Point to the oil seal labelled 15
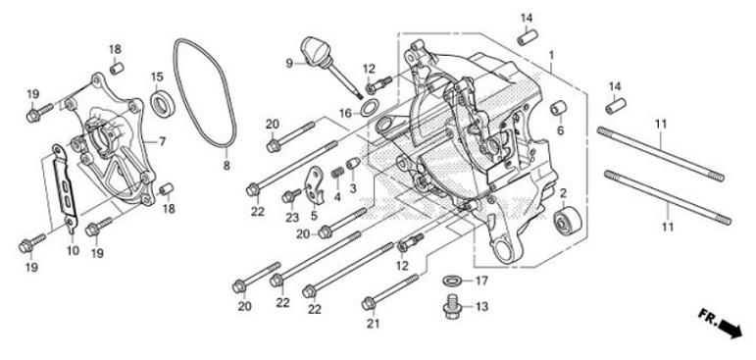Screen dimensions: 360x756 point(161,101)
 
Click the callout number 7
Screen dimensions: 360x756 point(161,142)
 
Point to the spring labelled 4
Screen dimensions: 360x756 point(334,177)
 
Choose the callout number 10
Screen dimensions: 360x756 point(72,251)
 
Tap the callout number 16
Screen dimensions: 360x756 point(345,114)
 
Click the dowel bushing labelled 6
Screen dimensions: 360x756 point(561,107)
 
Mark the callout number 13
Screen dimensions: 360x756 point(480,307)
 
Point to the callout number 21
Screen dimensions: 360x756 point(372,326)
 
